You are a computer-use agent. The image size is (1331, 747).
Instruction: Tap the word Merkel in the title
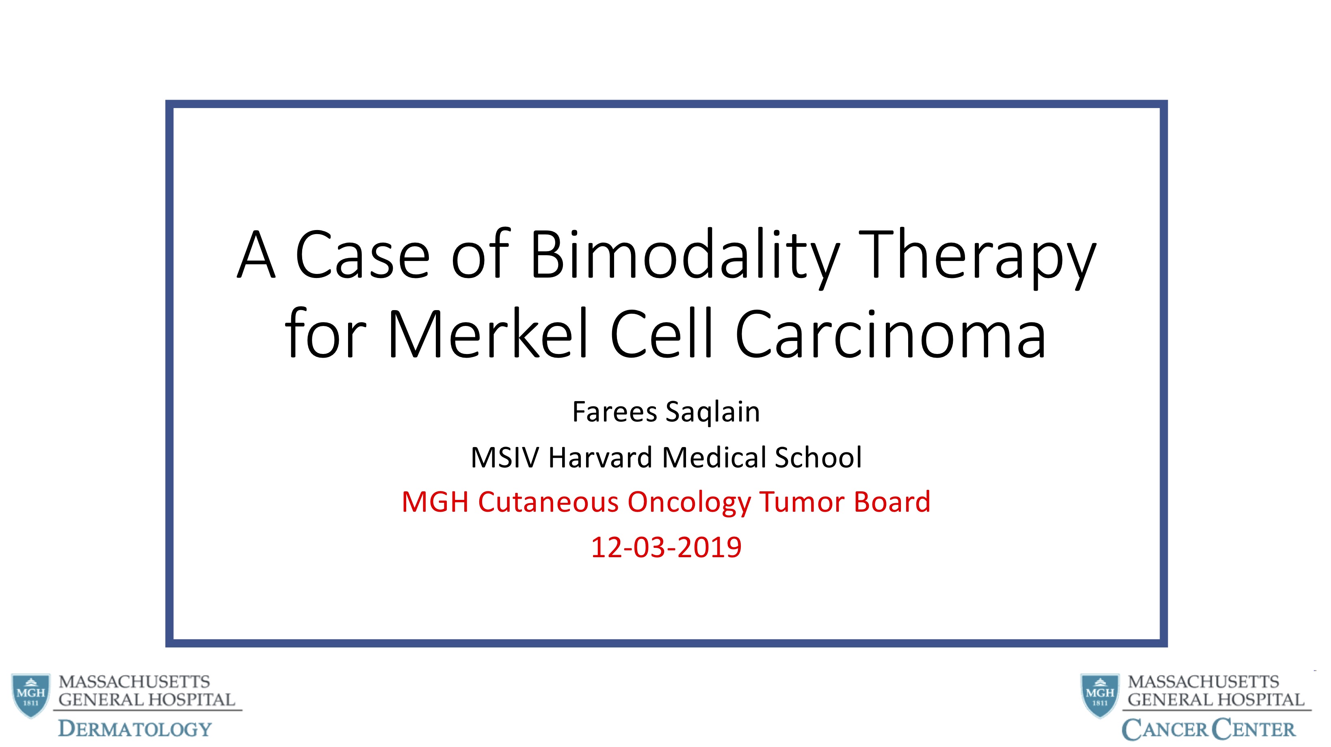tap(488, 333)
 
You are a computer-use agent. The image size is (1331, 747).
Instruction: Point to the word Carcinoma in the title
tap(890, 333)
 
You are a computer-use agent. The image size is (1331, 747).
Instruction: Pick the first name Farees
tap(615, 412)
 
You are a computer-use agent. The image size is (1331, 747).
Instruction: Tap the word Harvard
tap(600, 458)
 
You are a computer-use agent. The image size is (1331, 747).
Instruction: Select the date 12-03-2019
tap(666, 547)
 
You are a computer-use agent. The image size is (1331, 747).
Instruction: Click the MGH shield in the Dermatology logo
tap(31, 695)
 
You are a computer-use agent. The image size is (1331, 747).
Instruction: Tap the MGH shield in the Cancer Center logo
tap(1100, 695)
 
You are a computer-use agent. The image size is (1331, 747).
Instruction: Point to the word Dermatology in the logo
tap(135, 729)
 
